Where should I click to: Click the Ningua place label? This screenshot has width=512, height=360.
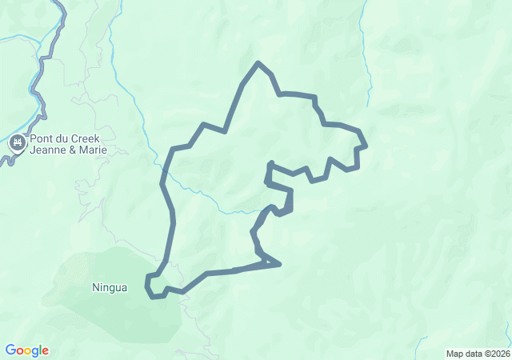(x=110, y=288)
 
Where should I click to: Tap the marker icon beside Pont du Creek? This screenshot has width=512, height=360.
(x=17, y=145)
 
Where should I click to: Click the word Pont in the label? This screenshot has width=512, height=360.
(x=42, y=138)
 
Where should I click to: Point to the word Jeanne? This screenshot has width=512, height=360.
(x=46, y=150)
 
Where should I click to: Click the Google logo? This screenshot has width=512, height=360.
(x=26, y=350)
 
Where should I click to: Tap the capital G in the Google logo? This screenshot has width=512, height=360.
(x=10, y=350)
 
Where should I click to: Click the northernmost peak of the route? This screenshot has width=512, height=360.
(x=258, y=62)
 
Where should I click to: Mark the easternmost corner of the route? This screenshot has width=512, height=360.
(x=365, y=146)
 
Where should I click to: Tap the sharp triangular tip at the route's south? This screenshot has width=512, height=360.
(x=278, y=263)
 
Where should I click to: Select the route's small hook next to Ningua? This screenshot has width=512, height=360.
(x=150, y=286)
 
